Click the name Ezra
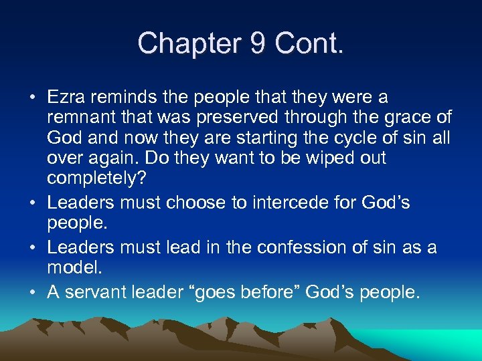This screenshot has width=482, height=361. click(x=66, y=98)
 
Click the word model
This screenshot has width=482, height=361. click(x=76, y=267)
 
